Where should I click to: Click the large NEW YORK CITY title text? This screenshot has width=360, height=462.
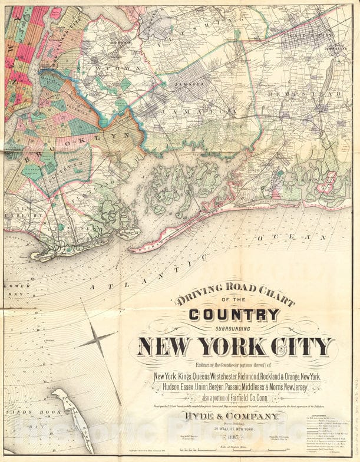point(236,346)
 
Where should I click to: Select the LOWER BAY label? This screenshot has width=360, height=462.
point(12,290)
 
